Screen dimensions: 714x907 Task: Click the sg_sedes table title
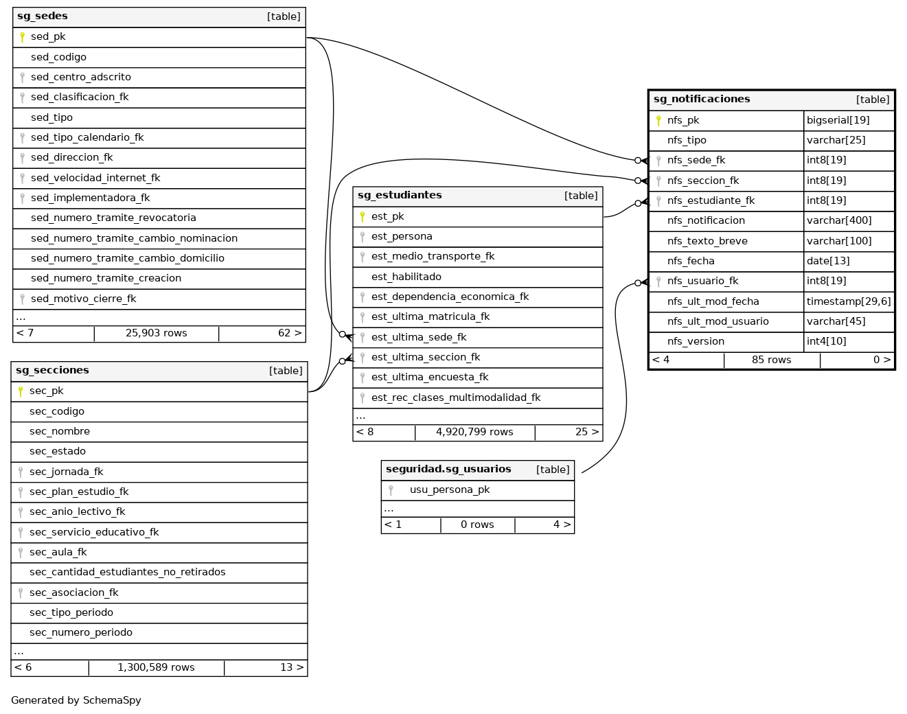[43, 16]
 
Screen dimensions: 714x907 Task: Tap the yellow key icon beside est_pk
[363, 217]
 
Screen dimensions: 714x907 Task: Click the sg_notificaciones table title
[701, 100]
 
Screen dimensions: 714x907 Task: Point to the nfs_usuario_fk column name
[702, 281]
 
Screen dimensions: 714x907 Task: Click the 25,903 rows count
[156, 334]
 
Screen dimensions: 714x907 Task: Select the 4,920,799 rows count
[474, 433]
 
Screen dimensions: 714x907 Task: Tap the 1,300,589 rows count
[156, 667]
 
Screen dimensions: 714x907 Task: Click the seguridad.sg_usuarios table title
[448, 470]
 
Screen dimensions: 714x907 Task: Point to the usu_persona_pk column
[450, 490]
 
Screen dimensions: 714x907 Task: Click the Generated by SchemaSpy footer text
[76, 700]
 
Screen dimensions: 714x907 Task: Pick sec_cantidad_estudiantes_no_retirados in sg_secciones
[127, 572]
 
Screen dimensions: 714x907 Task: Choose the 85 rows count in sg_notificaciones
[771, 360]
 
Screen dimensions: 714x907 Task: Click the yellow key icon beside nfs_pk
[658, 120]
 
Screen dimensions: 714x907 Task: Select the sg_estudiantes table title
[400, 196]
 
